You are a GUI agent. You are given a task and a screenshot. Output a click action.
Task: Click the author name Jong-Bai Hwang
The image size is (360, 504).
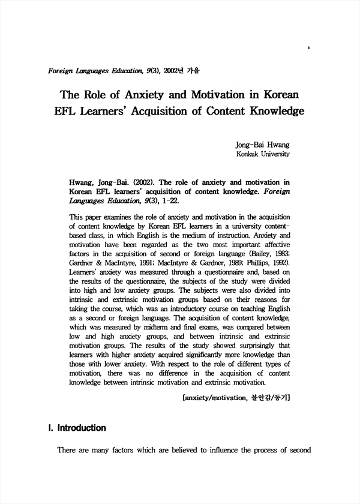click(263, 145)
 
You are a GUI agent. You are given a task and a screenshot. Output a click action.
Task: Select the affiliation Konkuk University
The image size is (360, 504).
click(263, 154)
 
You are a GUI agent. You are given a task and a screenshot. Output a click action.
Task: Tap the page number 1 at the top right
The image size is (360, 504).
click(308, 46)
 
